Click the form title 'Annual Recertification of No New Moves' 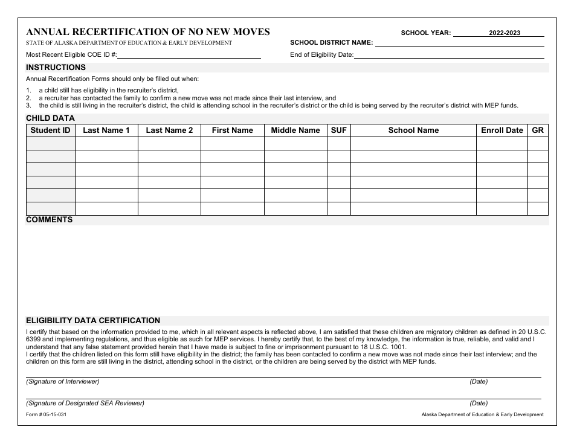pyautogui.click(x=147, y=32)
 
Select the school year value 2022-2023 pyautogui.click(x=504, y=33)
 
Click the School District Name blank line pyautogui.click(x=459, y=43)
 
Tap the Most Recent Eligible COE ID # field pyautogui.click(x=189, y=55)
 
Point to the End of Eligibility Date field pyautogui.click(x=449, y=55)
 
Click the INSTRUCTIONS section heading pyautogui.click(x=56, y=68)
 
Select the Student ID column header pyautogui.click(x=51, y=130)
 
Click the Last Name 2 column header pyautogui.click(x=169, y=130)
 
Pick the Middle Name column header pyautogui.click(x=295, y=130)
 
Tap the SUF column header pyautogui.click(x=339, y=130)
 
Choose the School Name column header pyautogui.click(x=413, y=130)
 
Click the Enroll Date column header pyautogui.click(x=501, y=130)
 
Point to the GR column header pyautogui.click(x=538, y=130)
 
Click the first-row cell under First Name pyautogui.click(x=232, y=143)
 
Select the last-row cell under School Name pyautogui.click(x=413, y=209)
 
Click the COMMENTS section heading pyautogui.click(x=49, y=220)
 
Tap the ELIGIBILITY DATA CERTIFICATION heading pyautogui.click(x=92, y=321)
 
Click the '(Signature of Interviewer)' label pyautogui.click(x=62, y=382)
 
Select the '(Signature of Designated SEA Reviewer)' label pyautogui.click(x=85, y=403)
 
